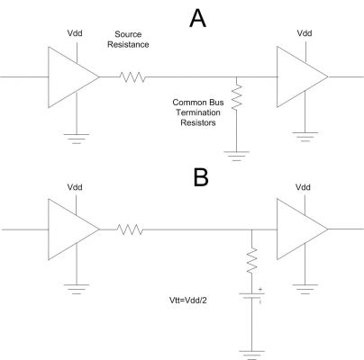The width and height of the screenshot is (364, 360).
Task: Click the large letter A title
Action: pyautogui.click(x=197, y=19)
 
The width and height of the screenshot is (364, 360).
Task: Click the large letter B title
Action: pyautogui.click(x=201, y=177)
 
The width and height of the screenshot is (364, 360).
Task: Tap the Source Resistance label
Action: pyautogui.click(x=128, y=40)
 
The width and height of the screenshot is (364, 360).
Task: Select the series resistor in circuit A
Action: pyautogui.click(x=132, y=77)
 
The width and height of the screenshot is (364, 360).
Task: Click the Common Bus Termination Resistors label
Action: pyautogui.click(x=198, y=112)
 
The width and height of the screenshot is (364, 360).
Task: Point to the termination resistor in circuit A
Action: pyautogui.click(x=237, y=96)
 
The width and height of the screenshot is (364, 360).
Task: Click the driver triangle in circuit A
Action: pyautogui.click(x=74, y=77)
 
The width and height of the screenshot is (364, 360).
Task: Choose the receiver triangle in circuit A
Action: pyautogui.click(x=303, y=76)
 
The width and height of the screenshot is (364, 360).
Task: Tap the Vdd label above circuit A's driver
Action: pyautogui.click(x=75, y=33)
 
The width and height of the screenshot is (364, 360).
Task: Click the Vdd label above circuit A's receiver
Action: pyautogui.click(x=305, y=33)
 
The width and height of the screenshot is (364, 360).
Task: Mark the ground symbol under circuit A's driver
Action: pyautogui.click(x=77, y=139)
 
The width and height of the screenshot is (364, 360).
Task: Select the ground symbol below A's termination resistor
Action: pyautogui.click(x=237, y=156)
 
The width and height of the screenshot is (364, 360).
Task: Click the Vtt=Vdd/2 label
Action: pyautogui.click(x=188, y=300)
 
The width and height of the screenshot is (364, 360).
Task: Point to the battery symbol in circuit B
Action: pyautogui.click(x=251, y=296)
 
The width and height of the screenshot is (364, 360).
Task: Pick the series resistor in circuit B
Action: pyautogui.click(x=130, y=229)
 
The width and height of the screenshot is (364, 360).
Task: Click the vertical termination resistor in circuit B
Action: pyautogui.click(x=251, y=260)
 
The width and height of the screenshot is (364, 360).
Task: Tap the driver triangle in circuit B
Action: pyautogui.click(x=74, y=229)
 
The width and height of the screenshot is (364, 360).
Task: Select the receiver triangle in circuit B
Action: pyautogui.click(x=303, y=229)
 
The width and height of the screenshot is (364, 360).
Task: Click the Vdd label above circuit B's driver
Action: pyautogui.click(x=75, y=187)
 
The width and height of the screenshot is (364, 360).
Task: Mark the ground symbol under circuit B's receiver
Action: pyautogui.click(x=305, y=289)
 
